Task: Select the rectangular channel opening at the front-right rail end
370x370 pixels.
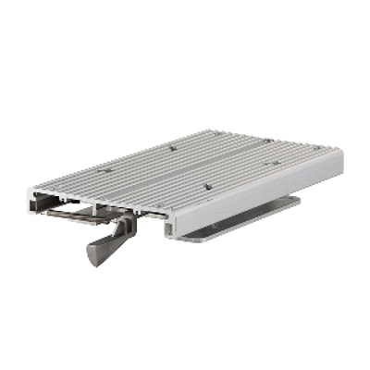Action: click(x=171, y=223)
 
